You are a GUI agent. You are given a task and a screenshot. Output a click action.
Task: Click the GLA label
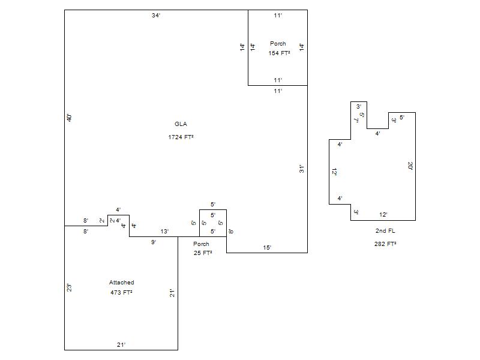[181, 124]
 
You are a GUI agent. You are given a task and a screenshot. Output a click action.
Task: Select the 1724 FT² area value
[181, 137]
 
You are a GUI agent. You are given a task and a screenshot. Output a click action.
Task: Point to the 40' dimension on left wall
[70, 118]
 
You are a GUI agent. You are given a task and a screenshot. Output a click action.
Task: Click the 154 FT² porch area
[279, 53]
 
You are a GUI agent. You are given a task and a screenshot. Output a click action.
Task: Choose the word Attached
[121, 283]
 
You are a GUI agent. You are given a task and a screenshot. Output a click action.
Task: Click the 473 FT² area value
[121, 293]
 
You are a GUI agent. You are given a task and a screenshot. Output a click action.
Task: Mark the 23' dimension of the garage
[70, 288]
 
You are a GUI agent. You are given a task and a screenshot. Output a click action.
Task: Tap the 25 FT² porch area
[203, 253]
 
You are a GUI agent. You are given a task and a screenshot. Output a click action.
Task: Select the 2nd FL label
[385, 231]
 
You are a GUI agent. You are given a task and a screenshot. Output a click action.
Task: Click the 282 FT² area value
[385, 244]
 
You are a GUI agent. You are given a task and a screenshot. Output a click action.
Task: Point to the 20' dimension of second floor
[410, 166]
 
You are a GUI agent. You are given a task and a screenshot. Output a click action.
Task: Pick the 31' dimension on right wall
[302, 169]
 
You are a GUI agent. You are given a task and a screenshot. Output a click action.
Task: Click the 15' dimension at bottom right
[267, 247]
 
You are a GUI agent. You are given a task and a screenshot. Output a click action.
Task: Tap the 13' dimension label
[164, 232]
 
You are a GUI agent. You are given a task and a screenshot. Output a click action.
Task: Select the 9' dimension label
[154, 242]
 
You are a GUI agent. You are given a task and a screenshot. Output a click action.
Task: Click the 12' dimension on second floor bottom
[383, 215]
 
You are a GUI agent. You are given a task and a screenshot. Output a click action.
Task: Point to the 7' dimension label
[356, 120]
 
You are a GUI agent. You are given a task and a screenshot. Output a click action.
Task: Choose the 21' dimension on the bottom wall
[121, 344]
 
